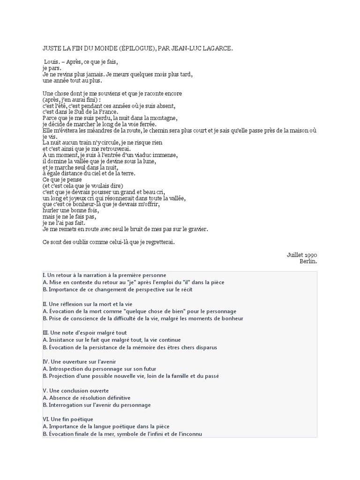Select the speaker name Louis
click(x=52, y=61)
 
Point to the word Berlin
click(x=308, y=261)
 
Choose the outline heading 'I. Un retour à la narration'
click(x=104, y=275)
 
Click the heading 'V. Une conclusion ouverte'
click(x=75, y=390)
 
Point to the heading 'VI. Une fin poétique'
click(x=68, y=419)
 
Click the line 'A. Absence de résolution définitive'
click(x=86, y=397)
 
